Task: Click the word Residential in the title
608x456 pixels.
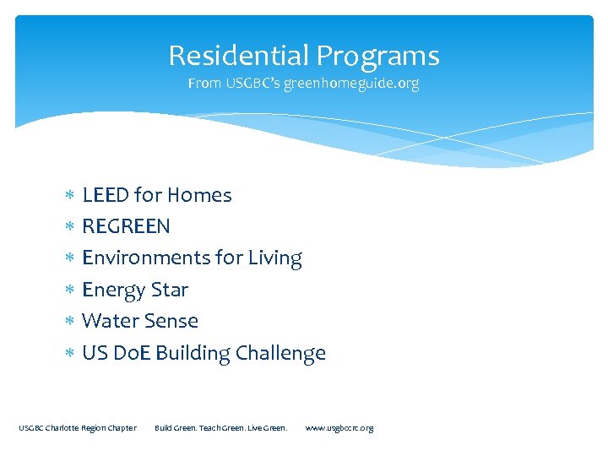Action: [x=239, y=56]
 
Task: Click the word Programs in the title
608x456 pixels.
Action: [x=377, y=56]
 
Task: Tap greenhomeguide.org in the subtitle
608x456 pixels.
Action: [x=350, y=84]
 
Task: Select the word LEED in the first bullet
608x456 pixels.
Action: [x=106, y=195]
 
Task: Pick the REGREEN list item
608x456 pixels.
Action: [x=126, y=226]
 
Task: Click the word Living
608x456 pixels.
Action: [x=274, y=258]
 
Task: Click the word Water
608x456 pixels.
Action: [x=109, y=321]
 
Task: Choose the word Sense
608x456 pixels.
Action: [x=171, y=321]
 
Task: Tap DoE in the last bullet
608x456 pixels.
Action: [x=133, y=353]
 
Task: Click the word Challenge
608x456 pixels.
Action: [x=280, y=353]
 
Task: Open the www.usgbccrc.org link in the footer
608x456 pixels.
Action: [x=339, y=428]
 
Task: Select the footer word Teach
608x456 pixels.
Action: [x=199, y=428]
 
